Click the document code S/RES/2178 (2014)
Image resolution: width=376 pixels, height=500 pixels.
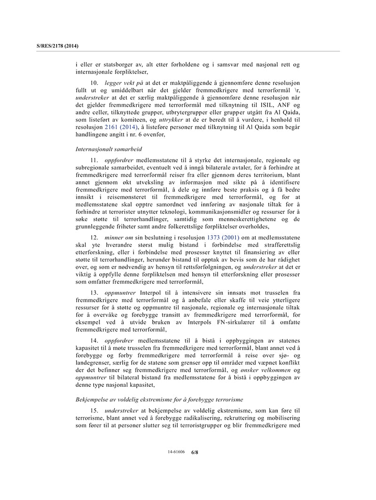57,46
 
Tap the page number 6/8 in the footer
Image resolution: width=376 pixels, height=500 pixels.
195,452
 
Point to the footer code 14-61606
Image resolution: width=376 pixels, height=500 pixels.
176,452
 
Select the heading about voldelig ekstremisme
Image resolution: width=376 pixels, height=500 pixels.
159,400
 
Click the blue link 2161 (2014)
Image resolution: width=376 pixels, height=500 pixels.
122,127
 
